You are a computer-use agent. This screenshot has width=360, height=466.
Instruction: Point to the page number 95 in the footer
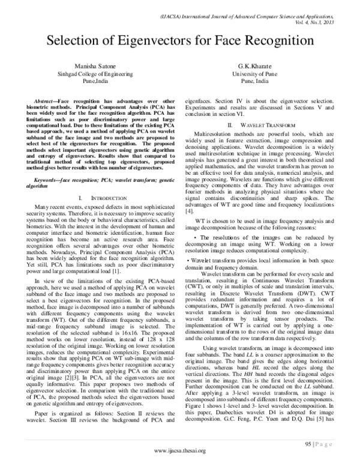pyautogui.click(x=306, y=445)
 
